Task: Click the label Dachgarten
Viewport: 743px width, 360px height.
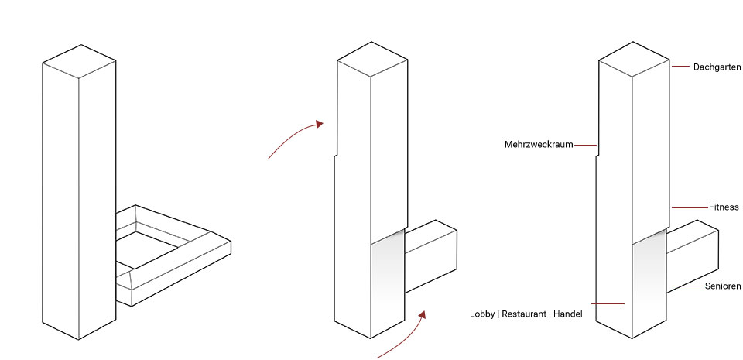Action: pos(717,67)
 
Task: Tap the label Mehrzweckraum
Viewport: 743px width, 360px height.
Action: pos(539,145)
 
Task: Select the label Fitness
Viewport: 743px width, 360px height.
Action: pos(724,207)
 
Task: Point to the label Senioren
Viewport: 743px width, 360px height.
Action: pos(723,286)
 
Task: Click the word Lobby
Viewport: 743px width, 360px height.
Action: pos(482,314)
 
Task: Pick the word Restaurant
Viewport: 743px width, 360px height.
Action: pos(524,314)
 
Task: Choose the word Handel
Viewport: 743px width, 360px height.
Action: pos(567,314)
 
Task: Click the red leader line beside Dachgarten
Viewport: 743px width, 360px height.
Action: pos(680,67)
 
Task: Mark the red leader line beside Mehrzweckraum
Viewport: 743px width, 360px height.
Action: pos(585,145)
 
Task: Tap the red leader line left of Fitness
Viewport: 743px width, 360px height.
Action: pos(690,207)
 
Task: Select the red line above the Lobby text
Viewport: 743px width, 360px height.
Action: pos(608,303)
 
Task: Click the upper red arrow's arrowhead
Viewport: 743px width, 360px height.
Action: pos(320,124)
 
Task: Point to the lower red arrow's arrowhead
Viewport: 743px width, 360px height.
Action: pos(422,315)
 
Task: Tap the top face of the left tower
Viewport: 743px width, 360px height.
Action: pos(79,61)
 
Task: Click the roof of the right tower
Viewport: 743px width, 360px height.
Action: pos(634,59)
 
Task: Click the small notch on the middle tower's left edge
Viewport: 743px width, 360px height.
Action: pos(336,155)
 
